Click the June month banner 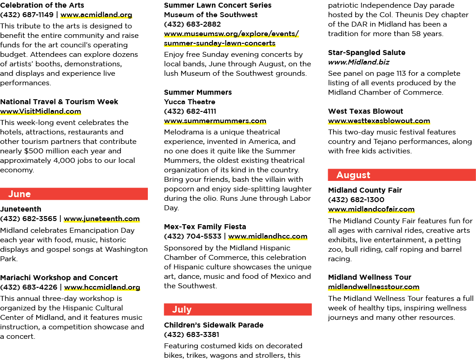[x=74, y=194]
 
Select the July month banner [x=238, y=309]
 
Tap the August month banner [x=402, y=175]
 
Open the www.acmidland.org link [x=96, y=15]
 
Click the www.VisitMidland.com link [x=41, y=111]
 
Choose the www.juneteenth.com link [x=102, y=219]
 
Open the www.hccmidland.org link [x=102, y=287]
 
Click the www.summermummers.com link [x=215, y=121]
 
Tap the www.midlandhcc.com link [x=268, y=236]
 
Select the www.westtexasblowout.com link [x=379, y=121]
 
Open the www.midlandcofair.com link [x=371, y=209]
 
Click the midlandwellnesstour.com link [x=373, y=287]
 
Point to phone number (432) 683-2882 [x=192, y=24]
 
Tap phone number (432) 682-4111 [x=190, y=111]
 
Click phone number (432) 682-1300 [x=356, y=199]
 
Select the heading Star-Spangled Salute [x=366, y=53]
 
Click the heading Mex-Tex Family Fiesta [x=205, y=226]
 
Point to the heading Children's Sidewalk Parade [x=214, y=325]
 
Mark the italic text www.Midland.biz [x=358, y=62]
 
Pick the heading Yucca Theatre [x=189, y=102]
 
